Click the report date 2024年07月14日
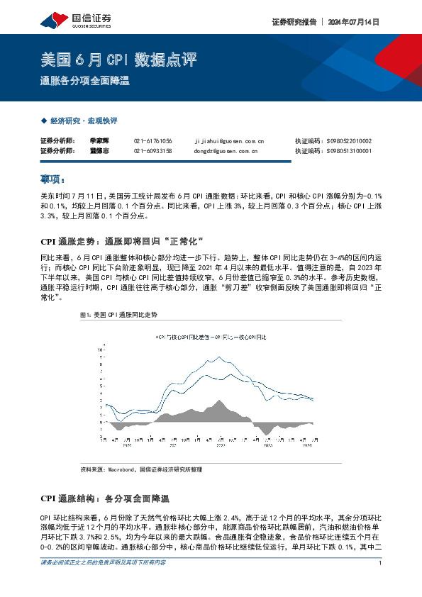(354, 21)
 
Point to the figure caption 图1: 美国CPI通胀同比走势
(99, 313)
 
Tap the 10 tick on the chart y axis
(103, 350)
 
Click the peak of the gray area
(221, 401)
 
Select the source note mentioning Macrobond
(142, 469)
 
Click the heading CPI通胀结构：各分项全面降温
(113, 498)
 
